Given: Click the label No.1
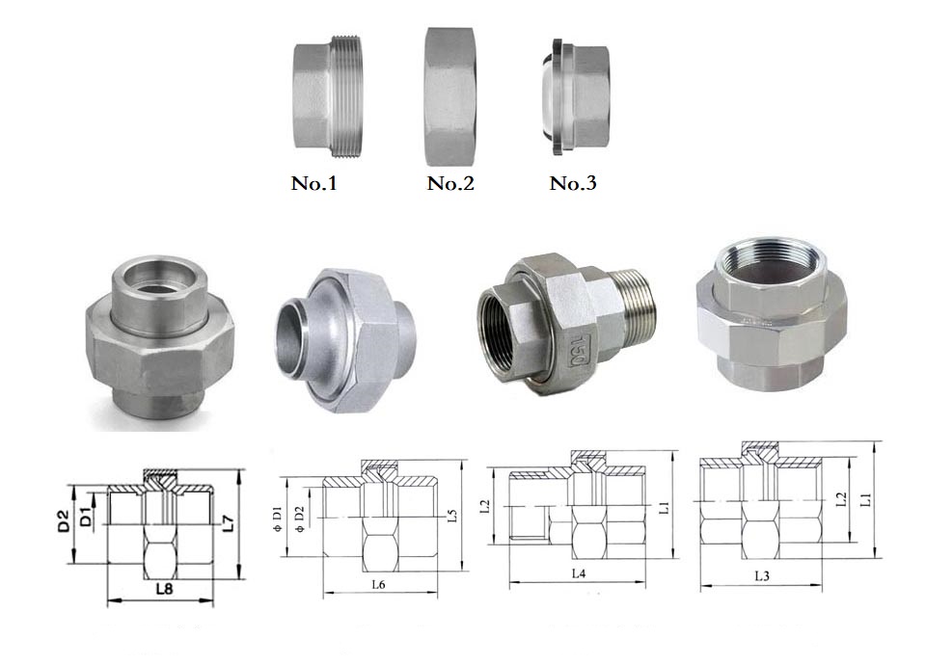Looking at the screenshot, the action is (313, 183).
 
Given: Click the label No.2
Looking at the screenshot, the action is (450, 183).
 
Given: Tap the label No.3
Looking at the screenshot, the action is (573, 183).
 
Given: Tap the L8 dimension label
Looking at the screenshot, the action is (164, 588).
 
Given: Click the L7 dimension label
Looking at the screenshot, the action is (228, 523).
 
